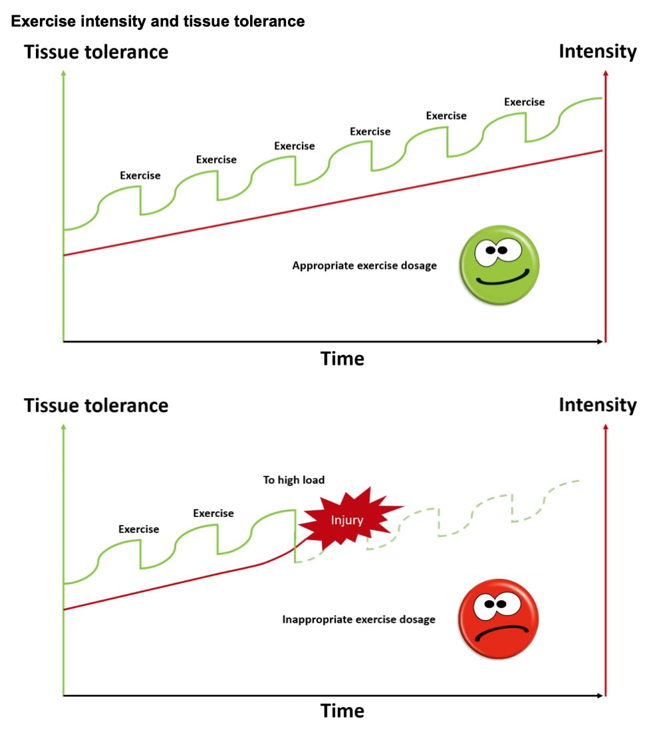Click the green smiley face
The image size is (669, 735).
499,266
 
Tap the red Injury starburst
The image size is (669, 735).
348,520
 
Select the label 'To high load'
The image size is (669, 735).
294,480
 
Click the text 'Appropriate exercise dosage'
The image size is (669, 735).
364,266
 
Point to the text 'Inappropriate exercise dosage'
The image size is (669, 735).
358,619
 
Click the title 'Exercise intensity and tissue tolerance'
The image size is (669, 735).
158,21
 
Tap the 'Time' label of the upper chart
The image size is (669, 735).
342,359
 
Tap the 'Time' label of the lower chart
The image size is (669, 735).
342,711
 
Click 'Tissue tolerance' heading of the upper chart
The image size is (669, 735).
96,52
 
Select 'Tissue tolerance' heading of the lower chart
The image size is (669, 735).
96,405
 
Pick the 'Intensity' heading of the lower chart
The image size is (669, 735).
597,405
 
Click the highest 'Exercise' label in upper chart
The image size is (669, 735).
524,102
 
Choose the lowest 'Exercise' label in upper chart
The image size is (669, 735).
140,175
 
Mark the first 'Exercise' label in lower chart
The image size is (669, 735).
139,529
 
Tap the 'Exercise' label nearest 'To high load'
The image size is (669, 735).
213,513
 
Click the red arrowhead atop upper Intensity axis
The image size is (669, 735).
605,74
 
